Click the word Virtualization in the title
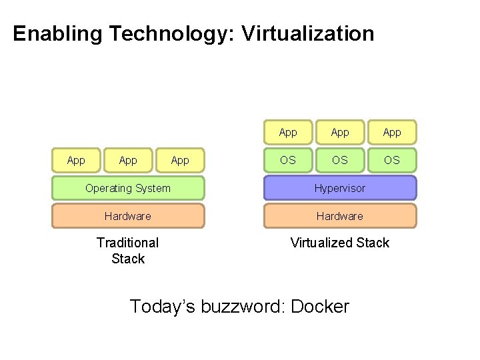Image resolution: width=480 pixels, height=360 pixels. coord(308,33)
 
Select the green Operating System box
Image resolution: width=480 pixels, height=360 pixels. coord(128,188)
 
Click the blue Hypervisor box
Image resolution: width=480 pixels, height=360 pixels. coord(340,188)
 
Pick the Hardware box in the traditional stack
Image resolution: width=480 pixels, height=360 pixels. coord(128,216)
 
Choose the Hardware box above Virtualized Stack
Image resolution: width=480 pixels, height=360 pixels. coord(340,216)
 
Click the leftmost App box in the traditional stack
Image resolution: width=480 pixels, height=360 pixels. coord(76,160)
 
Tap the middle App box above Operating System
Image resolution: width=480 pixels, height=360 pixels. coord(128,160)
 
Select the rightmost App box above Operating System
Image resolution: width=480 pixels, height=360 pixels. coord(180,160)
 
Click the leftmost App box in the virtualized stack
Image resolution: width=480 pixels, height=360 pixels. coord(288,132)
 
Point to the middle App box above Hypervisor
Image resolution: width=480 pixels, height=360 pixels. coord(340,132)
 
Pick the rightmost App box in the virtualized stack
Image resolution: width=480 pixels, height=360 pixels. coord(392,132)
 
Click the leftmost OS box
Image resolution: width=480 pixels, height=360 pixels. coord(288,160)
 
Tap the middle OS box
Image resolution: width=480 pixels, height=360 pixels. coord(340,160)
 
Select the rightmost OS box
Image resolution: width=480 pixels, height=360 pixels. coord(392,160)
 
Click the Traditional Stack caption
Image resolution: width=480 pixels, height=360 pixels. coord(128,251)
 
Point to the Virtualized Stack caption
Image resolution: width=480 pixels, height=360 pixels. coord(340,243)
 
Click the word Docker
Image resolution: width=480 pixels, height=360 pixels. coord(321,307)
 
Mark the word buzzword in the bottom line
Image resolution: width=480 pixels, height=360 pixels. coord(240,307)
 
